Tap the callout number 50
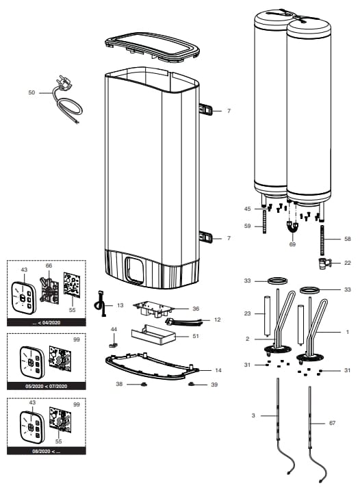tap(31, 92)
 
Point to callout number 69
tap(292, 244)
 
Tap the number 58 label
tap(348, 239)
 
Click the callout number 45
tap(248, 208)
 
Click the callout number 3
tap(253, 415)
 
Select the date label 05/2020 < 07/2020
tap(47, 387)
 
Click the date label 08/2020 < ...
tap(47, 451)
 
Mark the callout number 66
tap(49, 266)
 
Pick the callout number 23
tap(248, 313)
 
